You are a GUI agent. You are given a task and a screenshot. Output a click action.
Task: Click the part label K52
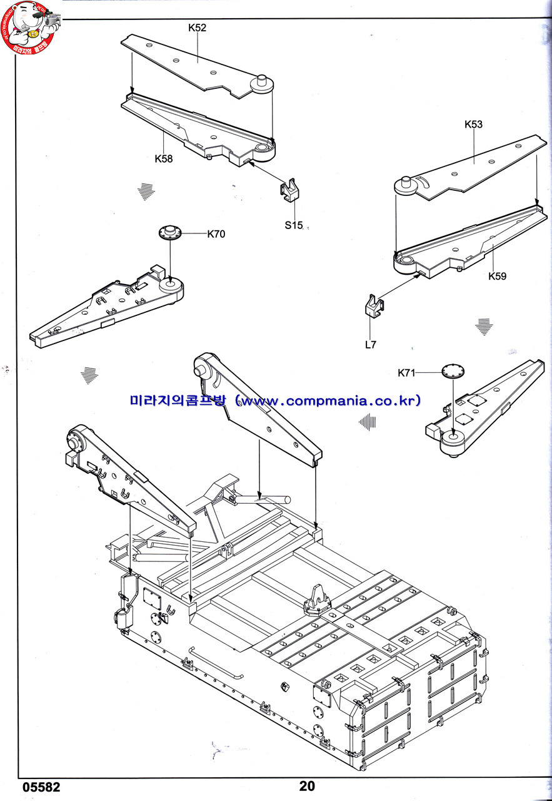[197, 28]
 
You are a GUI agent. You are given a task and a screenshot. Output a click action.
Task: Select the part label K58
[164, 158]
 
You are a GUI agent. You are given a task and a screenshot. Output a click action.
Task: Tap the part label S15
[293, 225]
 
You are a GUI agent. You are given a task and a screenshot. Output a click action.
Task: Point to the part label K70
[216, 234]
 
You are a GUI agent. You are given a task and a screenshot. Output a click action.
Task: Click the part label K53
[473, 124]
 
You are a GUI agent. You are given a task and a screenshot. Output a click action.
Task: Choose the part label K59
[498, 276]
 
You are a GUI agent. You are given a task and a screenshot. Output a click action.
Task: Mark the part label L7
[371, 344]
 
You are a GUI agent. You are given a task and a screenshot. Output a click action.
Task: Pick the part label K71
[406, 373]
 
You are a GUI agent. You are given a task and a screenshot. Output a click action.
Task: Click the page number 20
[307, 787]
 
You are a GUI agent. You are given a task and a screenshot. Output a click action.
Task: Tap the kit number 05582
[42, 787]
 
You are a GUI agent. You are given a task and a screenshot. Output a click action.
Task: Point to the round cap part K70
[171, 232]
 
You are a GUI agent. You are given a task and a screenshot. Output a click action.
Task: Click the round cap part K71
[453, 370]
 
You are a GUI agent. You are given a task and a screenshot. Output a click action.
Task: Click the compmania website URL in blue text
[275, 400]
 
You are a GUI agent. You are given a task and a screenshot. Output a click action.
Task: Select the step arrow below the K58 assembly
[146, 191]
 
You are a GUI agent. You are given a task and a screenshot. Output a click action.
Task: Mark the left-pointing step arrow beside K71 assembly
[368, 422]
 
